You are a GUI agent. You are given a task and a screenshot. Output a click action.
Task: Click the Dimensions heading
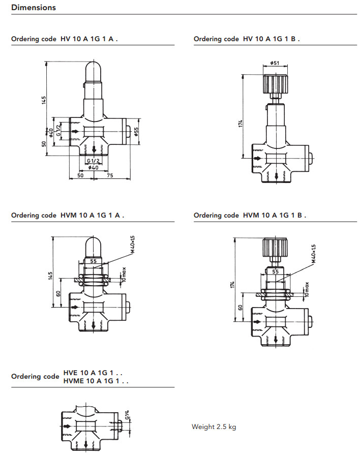tap(34, 8)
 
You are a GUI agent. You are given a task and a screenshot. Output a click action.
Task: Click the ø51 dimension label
tap(275, 63)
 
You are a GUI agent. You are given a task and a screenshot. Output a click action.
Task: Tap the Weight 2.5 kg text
tap(214, 426)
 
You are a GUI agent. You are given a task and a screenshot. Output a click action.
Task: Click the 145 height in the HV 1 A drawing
tap(45, 100)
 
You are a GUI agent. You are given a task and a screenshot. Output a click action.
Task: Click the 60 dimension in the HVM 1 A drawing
tap(58, 293)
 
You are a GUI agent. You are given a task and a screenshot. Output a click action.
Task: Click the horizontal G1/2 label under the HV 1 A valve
tap(93, 161)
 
